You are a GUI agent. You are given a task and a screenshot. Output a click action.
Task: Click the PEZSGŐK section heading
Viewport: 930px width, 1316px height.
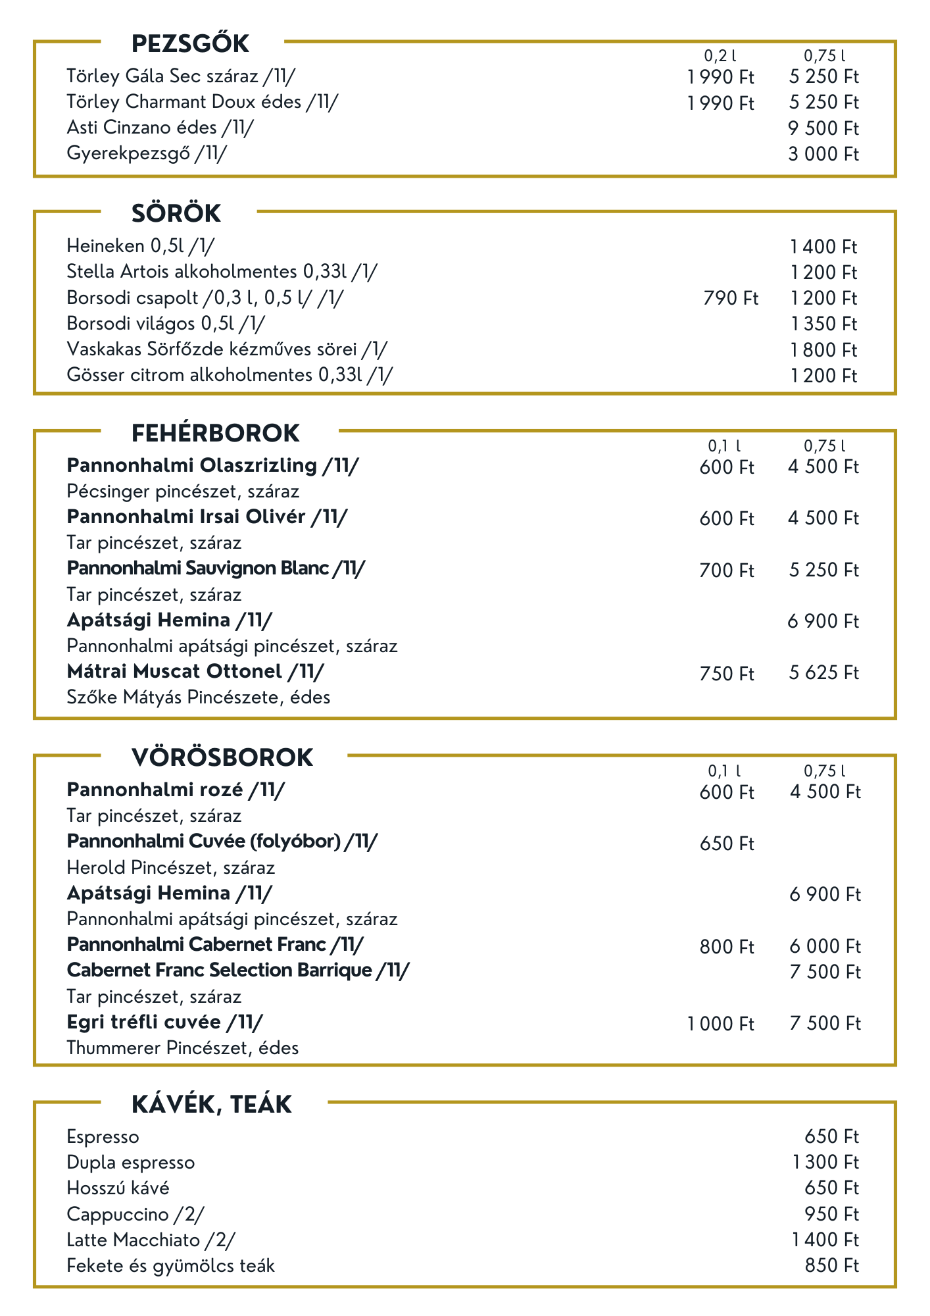pos(190,44)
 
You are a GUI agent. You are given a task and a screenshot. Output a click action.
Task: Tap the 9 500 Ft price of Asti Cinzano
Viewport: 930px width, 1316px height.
pos(823,128)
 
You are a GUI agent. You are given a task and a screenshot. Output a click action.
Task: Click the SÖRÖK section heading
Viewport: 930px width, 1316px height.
pos(176,214)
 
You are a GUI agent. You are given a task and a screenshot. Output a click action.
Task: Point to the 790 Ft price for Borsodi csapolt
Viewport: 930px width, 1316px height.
pos(730,299)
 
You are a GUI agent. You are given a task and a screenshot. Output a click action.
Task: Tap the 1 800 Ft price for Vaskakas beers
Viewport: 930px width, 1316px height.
pos(823,350)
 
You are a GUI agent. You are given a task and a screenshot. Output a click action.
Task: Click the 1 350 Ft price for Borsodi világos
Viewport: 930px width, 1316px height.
pos(823,324)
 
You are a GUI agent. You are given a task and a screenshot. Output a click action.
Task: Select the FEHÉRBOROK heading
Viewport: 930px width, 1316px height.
pos(215,434)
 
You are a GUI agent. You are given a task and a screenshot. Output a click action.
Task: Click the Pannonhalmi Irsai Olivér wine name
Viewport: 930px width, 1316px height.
pos(207,517)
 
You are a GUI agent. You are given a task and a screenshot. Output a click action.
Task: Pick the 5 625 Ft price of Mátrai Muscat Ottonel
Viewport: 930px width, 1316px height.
pos(823,673)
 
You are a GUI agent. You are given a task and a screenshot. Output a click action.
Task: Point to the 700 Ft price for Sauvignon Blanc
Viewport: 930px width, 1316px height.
pos(727,570)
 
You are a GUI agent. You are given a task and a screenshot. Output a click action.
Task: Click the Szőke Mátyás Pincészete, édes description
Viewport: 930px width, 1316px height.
pos(198,697)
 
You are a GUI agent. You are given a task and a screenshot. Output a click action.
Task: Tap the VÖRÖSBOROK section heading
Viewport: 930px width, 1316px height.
pos(222,758)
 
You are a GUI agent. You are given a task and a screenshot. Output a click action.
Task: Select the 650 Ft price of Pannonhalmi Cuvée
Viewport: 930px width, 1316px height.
pos(727,844)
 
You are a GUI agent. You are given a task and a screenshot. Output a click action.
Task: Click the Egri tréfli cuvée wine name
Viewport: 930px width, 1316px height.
pos(164,1023)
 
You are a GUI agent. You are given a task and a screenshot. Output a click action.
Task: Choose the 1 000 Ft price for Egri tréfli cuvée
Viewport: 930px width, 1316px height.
pos(721,1025)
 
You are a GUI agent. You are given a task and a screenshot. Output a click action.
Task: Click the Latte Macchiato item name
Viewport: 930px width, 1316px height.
pos(151,1240)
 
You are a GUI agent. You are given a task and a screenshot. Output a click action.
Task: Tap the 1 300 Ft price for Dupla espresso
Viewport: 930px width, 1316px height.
pos(825,1163)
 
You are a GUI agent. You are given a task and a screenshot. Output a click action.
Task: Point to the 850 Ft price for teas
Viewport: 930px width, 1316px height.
pos(832,1266)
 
